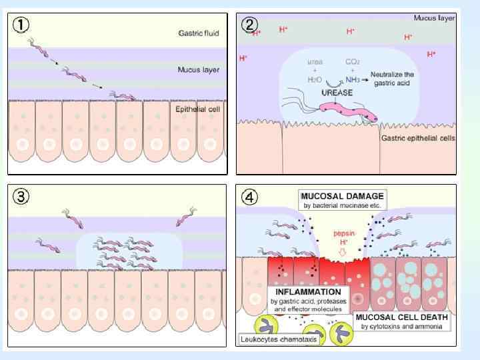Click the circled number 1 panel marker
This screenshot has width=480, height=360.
click(x=22, y=25)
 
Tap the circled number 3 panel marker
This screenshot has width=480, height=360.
click(x=22, y=198)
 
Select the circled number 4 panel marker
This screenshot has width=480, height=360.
click(x=250, y=198)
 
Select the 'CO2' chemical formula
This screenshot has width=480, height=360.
click(x=353, y=61)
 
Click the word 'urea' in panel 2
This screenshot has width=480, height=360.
click(x=315, y=61)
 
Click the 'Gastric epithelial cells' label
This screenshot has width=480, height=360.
click(x=418, y=139)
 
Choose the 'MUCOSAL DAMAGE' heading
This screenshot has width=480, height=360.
click(x=342, y=197)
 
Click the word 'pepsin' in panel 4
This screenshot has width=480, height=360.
click(x=343, y=234)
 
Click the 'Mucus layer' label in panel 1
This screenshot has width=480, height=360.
click(x=199, y=69)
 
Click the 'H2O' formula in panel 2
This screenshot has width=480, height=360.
click(x=315, y=79)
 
